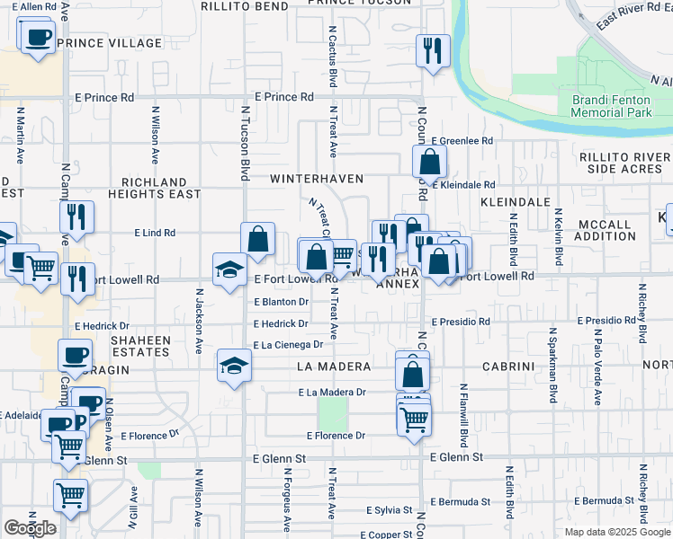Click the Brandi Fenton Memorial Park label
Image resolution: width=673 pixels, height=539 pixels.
click(x=612, y=106)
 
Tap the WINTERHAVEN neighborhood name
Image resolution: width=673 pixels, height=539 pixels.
click(x=318, y=179)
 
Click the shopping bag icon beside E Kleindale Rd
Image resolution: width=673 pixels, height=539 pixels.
click(x=430, y=163)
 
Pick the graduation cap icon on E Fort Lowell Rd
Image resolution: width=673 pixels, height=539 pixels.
click(x=229, y=269)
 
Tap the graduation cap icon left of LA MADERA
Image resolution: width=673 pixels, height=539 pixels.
click(x=234, y=366)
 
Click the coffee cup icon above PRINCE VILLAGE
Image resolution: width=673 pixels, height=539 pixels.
click(x=37, y=38)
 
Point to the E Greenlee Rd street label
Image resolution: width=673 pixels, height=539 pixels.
click(x=462, y=141)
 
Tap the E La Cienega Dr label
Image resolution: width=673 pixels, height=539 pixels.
click(x=288, y=345)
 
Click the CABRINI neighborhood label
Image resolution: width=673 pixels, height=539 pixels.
click(x=509, y=367)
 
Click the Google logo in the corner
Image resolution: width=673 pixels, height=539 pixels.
click(x=30, y=528)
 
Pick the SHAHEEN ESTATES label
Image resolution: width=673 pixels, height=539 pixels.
click(x=139, y=346)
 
